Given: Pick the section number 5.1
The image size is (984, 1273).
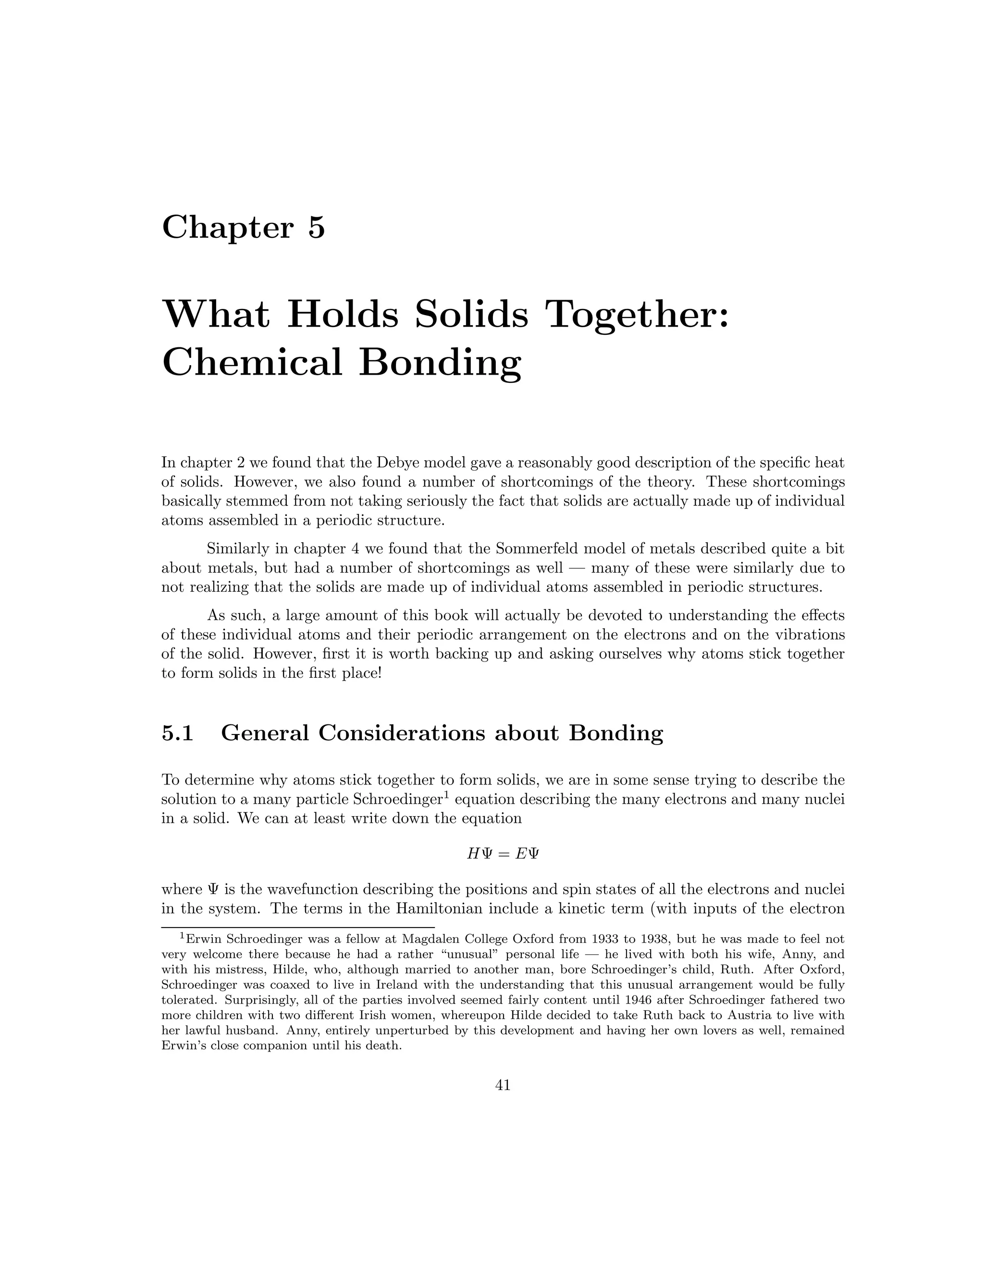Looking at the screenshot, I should pos(177,733).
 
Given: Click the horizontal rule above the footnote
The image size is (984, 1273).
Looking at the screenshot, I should pos(298,927).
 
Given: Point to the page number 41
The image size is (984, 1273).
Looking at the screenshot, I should pos(503,1085).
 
